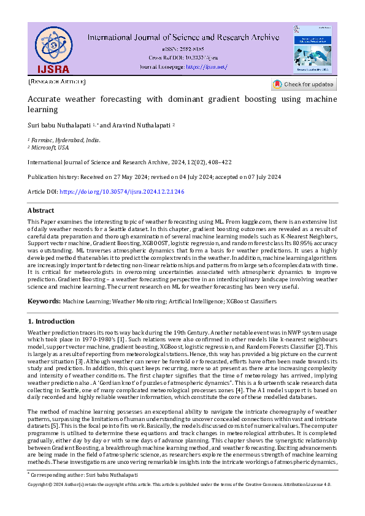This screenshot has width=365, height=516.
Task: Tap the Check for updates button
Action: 304,85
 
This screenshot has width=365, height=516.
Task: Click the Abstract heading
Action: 41,210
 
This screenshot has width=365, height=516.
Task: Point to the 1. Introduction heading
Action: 52,321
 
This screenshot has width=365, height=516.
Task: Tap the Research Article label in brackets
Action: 57,82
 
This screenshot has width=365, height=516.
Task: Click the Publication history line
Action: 155,176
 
